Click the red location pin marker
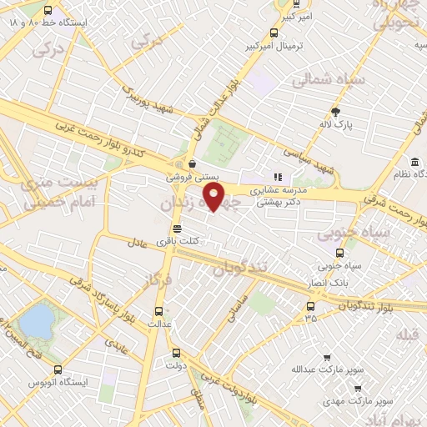(x=214, y=197)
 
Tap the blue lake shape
(x=35, y=321)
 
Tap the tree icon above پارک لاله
(x=336, y=112)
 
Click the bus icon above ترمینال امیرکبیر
(x=274, y=33)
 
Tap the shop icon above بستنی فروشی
(x=193, y=163)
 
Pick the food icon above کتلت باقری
(x=176, y=229)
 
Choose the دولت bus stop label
(x=174, y=365)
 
